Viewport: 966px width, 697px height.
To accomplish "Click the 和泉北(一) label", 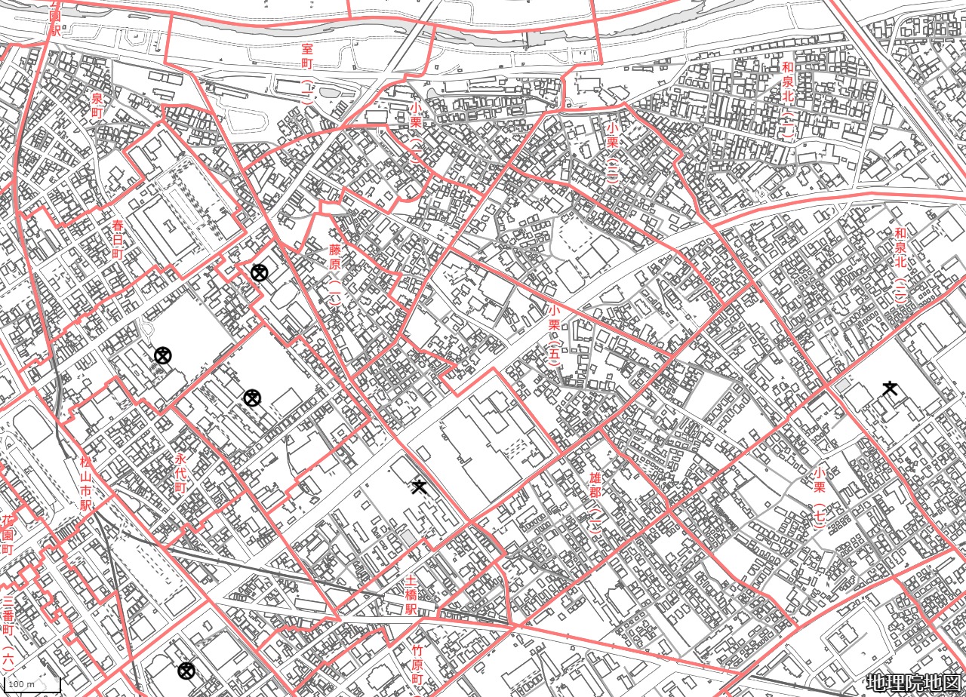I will (x=788, y=102).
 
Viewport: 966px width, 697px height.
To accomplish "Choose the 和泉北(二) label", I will (x=900, y=265).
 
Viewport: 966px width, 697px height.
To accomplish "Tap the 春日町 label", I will (x=118, y=238).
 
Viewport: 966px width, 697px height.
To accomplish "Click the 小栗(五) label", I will (x=554, y=336).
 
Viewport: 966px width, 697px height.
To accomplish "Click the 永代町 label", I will (x=180, y=473).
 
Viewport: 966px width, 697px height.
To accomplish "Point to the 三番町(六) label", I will (x=8, y=633).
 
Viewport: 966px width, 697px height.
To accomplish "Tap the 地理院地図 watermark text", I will (x=913, y=683).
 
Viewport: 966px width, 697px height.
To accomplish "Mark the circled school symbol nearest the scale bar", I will (x=186, y=671).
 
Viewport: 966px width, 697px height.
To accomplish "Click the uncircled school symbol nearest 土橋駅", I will (x=420, y=487).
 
